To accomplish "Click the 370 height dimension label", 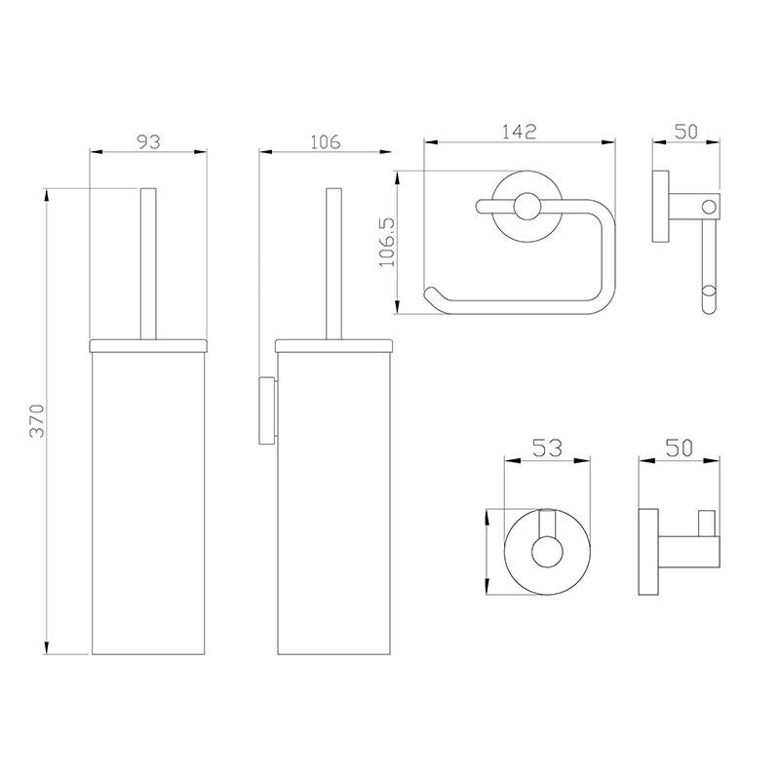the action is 38,420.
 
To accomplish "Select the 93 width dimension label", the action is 149,141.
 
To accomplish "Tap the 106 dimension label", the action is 326,141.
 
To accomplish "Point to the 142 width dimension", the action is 520,132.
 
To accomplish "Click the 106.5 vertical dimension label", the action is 387,242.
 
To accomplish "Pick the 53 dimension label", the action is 547,448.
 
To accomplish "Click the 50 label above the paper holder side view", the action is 686,132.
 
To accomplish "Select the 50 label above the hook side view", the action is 680,448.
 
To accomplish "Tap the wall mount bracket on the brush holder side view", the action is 267,410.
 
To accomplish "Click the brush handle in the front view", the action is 148,263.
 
